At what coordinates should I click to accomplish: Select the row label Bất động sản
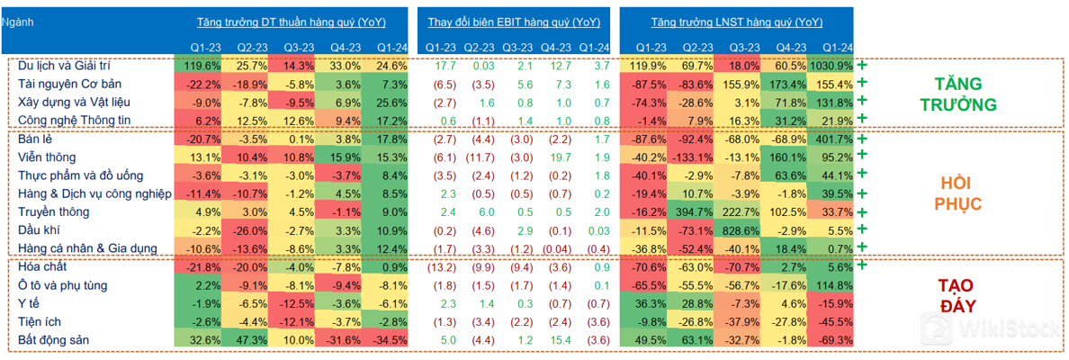pyautogui.click(x=55, y=338)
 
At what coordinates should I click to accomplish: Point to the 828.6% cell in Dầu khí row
pyautogui.click(x=739, y=231)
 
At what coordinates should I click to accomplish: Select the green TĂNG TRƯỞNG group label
pyautogui.click(x=957, y=94)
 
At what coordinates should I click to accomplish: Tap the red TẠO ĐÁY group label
pyautogui.click(x=957, y=297)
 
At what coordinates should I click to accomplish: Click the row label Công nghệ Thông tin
pyautogui.click(x=68, y=120)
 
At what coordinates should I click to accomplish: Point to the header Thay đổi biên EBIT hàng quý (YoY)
pyautogui.click(x=513, y=21)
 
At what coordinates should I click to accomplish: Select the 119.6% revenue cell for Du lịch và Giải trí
pyautogui.click(x=199, y=66)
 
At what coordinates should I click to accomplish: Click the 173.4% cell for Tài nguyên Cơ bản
pyautogui.click(x=784, y=83)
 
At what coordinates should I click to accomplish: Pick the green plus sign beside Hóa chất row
pyautogui.click(x=862, y=265)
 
